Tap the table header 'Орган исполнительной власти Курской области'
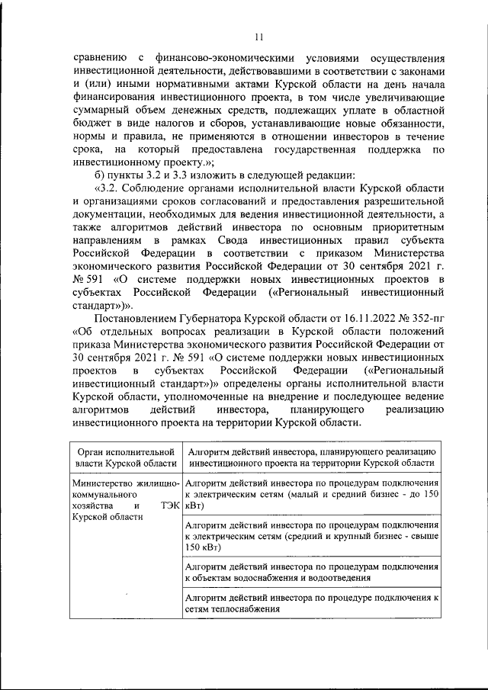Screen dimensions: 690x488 (124, 457)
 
